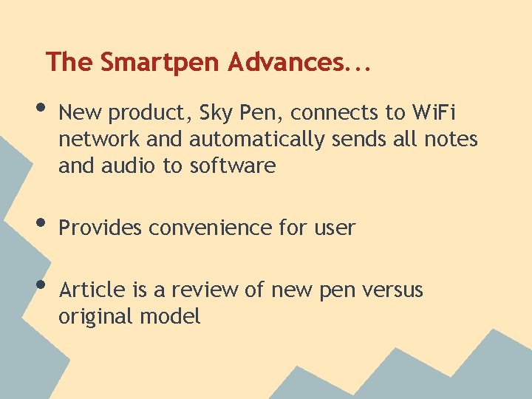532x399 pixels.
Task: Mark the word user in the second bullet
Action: [333, 228]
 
